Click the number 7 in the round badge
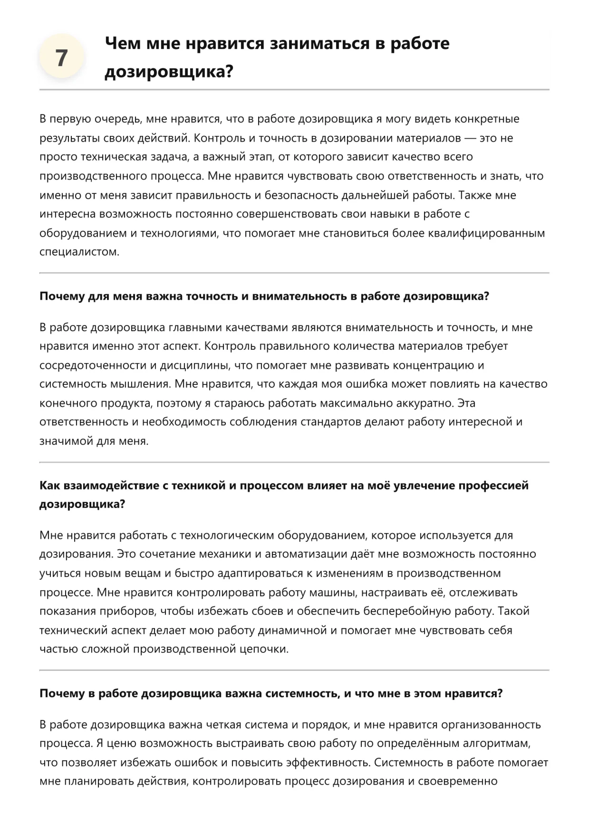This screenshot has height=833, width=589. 62,58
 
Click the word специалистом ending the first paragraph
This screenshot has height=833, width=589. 79,252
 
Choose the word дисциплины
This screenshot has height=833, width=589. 187,365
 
